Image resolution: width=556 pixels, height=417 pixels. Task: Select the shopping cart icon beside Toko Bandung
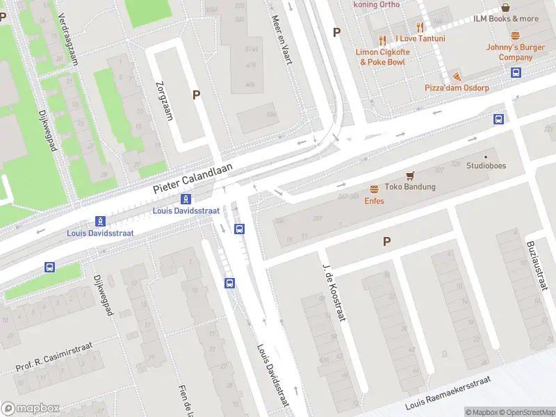pos(410,176)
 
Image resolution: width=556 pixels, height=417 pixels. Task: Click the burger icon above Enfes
pos(374,189)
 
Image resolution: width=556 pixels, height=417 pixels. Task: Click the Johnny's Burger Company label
pos(515,52)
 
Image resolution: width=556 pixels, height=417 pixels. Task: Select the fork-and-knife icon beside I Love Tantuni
pos(419,27)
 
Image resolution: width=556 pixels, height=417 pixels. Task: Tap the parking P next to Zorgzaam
pos(196,95)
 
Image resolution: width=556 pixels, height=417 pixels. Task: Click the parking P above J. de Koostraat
pos(386,242)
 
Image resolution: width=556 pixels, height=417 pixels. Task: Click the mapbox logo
pos(29,408)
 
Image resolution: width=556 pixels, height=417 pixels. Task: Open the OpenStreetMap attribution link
pos(527,412)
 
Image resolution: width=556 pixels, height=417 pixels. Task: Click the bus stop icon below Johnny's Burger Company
pos(516,72)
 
